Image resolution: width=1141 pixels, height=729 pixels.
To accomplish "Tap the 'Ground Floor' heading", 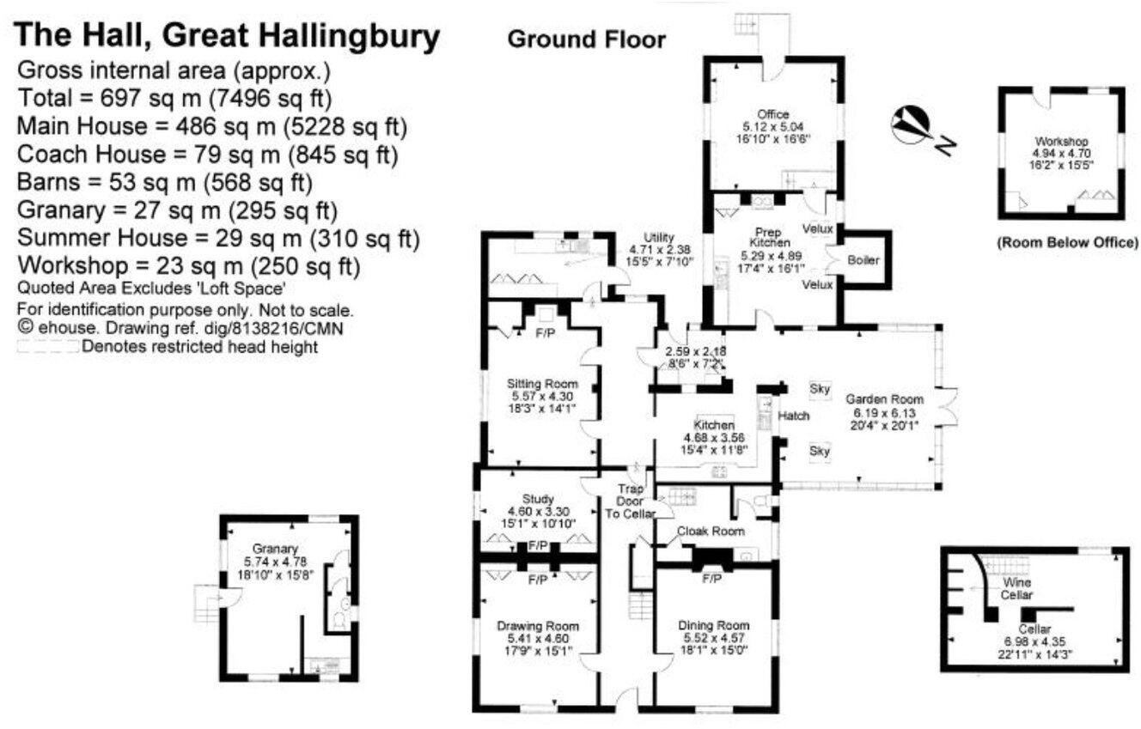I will click(586, 39).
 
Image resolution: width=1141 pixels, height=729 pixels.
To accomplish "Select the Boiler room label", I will click(863, 260).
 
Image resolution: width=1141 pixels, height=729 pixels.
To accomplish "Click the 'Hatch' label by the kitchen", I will click(793, 416).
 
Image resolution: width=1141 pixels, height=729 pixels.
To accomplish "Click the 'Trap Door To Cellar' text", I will click(631, 501).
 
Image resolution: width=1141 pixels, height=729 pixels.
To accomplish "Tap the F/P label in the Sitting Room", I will click(544, 332).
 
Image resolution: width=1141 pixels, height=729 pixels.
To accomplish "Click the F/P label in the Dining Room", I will click(711, 580).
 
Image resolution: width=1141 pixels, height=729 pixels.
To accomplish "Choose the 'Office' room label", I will click(766, 113).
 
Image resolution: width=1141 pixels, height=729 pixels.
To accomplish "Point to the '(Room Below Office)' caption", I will click(1067, 243).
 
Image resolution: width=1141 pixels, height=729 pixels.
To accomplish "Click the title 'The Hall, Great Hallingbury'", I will click(228, 37).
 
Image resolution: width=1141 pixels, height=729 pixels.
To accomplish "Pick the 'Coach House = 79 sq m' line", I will click(206, 155).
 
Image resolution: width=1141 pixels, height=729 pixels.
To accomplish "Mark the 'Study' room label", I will click(538, 499).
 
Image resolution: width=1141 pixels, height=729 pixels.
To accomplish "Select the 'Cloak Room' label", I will click(710, 532).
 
